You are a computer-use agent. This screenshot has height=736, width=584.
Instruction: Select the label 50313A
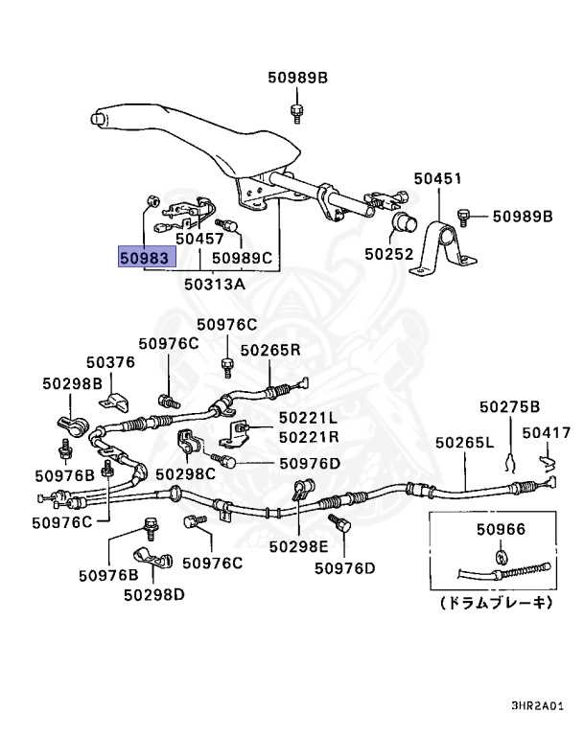[x=215, y=284]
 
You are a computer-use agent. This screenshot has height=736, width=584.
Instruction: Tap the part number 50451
[x=438, y=178]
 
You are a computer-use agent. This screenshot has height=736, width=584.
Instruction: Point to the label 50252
[x=389, y=254]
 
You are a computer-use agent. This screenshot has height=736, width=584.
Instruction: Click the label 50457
[x=199, y=239]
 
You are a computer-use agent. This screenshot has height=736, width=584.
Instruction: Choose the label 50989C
[x=242, y=258]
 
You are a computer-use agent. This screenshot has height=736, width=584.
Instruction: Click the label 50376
[x=110, y=362]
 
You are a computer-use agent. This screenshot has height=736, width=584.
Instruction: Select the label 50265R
[x=270, y=350]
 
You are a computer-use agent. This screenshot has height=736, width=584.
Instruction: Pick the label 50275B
[x=510, y=406]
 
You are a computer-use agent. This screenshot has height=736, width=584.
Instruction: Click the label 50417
[x=547, y=432]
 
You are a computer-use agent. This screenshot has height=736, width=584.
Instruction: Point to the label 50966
[x=501, y=529]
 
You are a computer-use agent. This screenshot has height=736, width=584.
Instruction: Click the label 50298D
[x=154, y=595]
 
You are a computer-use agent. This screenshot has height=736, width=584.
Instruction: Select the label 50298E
[x=299, y=546]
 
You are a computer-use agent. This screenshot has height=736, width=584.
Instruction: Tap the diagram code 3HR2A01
[x=537, y=705]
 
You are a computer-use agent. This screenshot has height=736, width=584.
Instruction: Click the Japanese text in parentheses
[x=497, y=602]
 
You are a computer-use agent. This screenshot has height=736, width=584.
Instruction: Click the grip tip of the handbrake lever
[x=96, y=118]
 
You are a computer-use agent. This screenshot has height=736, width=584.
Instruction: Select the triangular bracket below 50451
[x=443, y=247]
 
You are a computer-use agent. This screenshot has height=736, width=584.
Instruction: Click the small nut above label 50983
[x=151, y=201]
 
